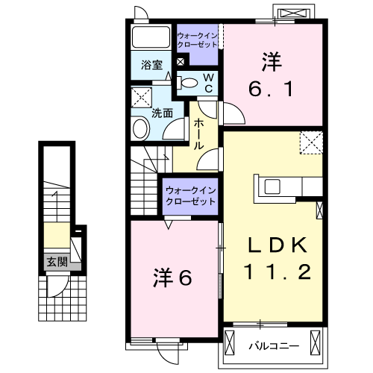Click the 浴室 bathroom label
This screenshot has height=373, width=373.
(151, 65)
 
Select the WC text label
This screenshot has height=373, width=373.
(210, 84)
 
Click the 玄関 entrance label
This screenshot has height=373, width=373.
(54, 262)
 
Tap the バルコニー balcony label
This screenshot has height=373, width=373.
(273, 345)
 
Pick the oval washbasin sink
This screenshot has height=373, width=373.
(140, 129)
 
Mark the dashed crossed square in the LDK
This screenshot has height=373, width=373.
(311, 142)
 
